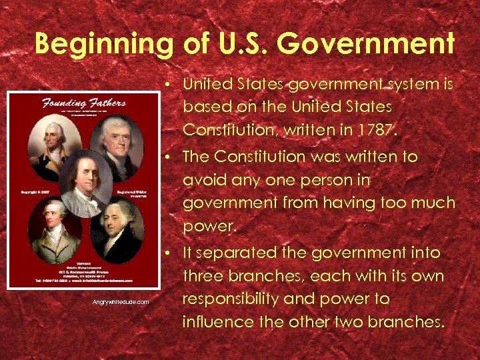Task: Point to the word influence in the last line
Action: (x=217, y=321)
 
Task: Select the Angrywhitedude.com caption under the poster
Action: (x=121, y=302)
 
